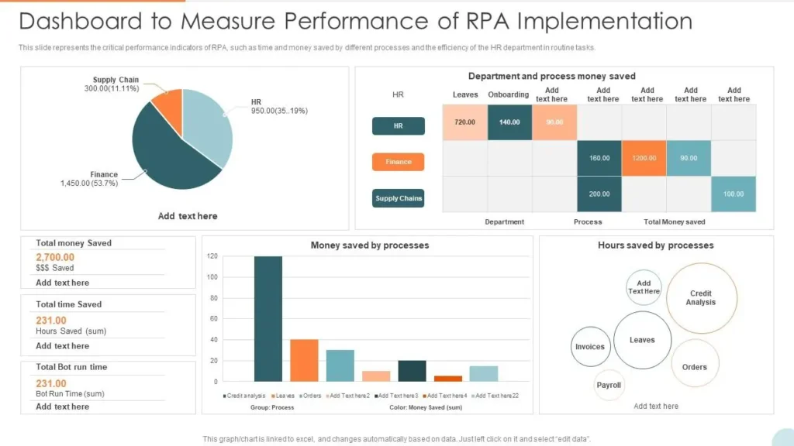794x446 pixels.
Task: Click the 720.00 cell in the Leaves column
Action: pyautogui.click(x=464, y=122)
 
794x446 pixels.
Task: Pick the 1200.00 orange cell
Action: pyautogui.click(x=644, y=158)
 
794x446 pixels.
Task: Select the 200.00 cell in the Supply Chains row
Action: pyautogui.click(x=599, y=194)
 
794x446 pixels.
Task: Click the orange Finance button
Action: pyautogui.click(x=399, y=162)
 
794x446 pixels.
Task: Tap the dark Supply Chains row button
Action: pyautogui.click(x=399, y=198)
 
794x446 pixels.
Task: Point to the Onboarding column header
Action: pyautogui.click(x=509, y=94)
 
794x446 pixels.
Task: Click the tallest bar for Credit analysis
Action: pyautogui.click(x=268, y=318)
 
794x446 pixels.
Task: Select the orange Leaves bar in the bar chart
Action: pyautogui.click(x=304, y=360)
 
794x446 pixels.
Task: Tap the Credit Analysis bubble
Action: pyautogui.click(x=701, y=298)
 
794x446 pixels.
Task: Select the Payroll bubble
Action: pyautogui.click(x=609, y=385)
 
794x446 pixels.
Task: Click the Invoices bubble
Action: pyautogui.click(x=590, y=347)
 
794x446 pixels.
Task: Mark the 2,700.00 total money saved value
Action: pyautogui.click(x=55, y=257)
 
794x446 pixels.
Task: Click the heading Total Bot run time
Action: pyautogui.click(x=71, y=367)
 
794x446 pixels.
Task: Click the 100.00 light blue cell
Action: pyautogui.click(x=734, y=194)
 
